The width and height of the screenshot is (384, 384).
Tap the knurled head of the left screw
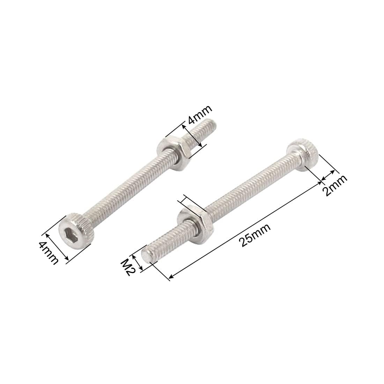[x=77, y=231]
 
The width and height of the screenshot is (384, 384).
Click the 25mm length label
[x=256, y=235]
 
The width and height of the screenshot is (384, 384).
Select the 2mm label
[x=335, y=185]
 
